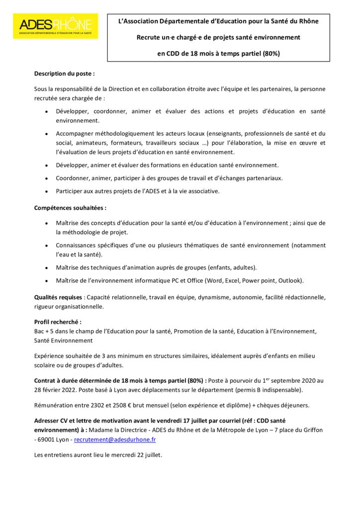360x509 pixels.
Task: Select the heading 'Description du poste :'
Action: click(x=64, y=73)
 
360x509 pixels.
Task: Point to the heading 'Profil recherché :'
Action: click(x=58, y=322)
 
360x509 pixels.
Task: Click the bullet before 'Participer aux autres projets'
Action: click(x=46, y=191)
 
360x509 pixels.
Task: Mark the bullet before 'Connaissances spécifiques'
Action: click(x=46, y=246)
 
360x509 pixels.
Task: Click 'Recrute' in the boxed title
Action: click(x=149, y=37)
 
